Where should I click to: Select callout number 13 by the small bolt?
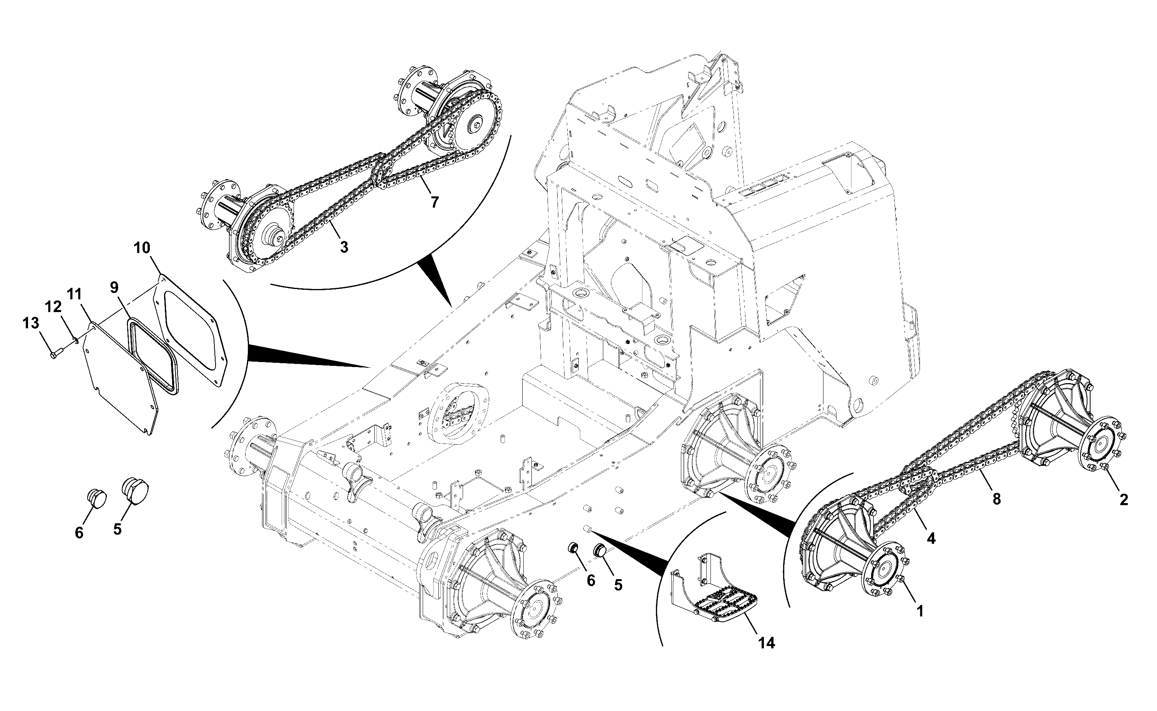click(x=31, y=324)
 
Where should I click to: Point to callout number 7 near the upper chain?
click(x=435, y=202)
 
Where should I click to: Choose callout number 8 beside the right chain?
click(x=997, y=499)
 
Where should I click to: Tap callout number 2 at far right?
click(x=1124, y=499)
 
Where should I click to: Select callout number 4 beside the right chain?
click(x=931, y=538)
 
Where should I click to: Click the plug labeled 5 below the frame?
click(x=600, y=550)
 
